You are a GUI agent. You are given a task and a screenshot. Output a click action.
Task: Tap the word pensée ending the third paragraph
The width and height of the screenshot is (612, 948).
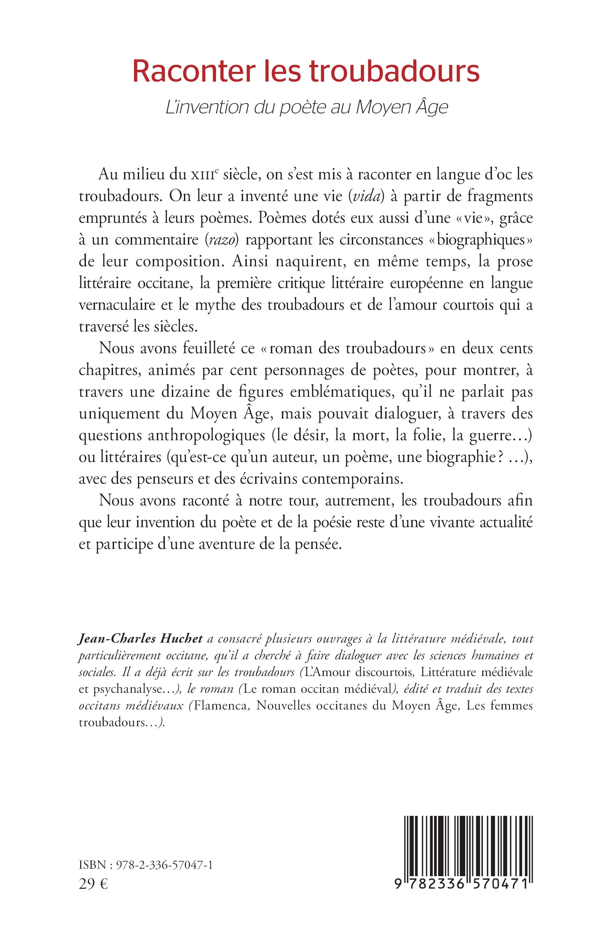click(318, 544)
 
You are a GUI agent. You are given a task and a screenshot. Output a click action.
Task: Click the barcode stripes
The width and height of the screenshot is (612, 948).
click(468, 844)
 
